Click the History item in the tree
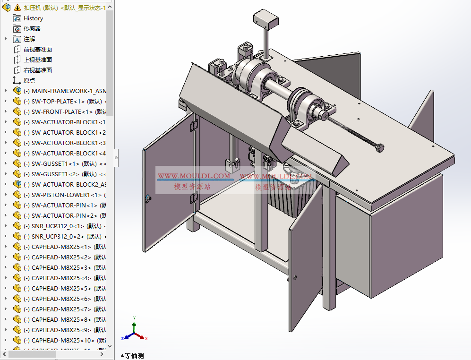(x=33, y=18)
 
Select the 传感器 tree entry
(x=32, y=29)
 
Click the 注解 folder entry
(x=29, y=39)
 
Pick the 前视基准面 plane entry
(x=38, y=50)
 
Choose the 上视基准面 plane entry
(x=38, y=60)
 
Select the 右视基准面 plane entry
(x=38, y=70)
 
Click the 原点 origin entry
(x=29, y=81)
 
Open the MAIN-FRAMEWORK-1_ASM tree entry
(x=66, y=91)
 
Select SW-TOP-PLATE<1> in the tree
(x=57, y=102)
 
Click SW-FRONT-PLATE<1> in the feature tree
(x=59, y=112)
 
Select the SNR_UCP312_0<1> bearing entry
(x=59, y=226)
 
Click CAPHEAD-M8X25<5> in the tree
(x=61, y=289)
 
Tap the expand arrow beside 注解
(x=6, y=39)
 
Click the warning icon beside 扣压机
(x=17, y=8)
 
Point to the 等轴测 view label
(x=134, y=356)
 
